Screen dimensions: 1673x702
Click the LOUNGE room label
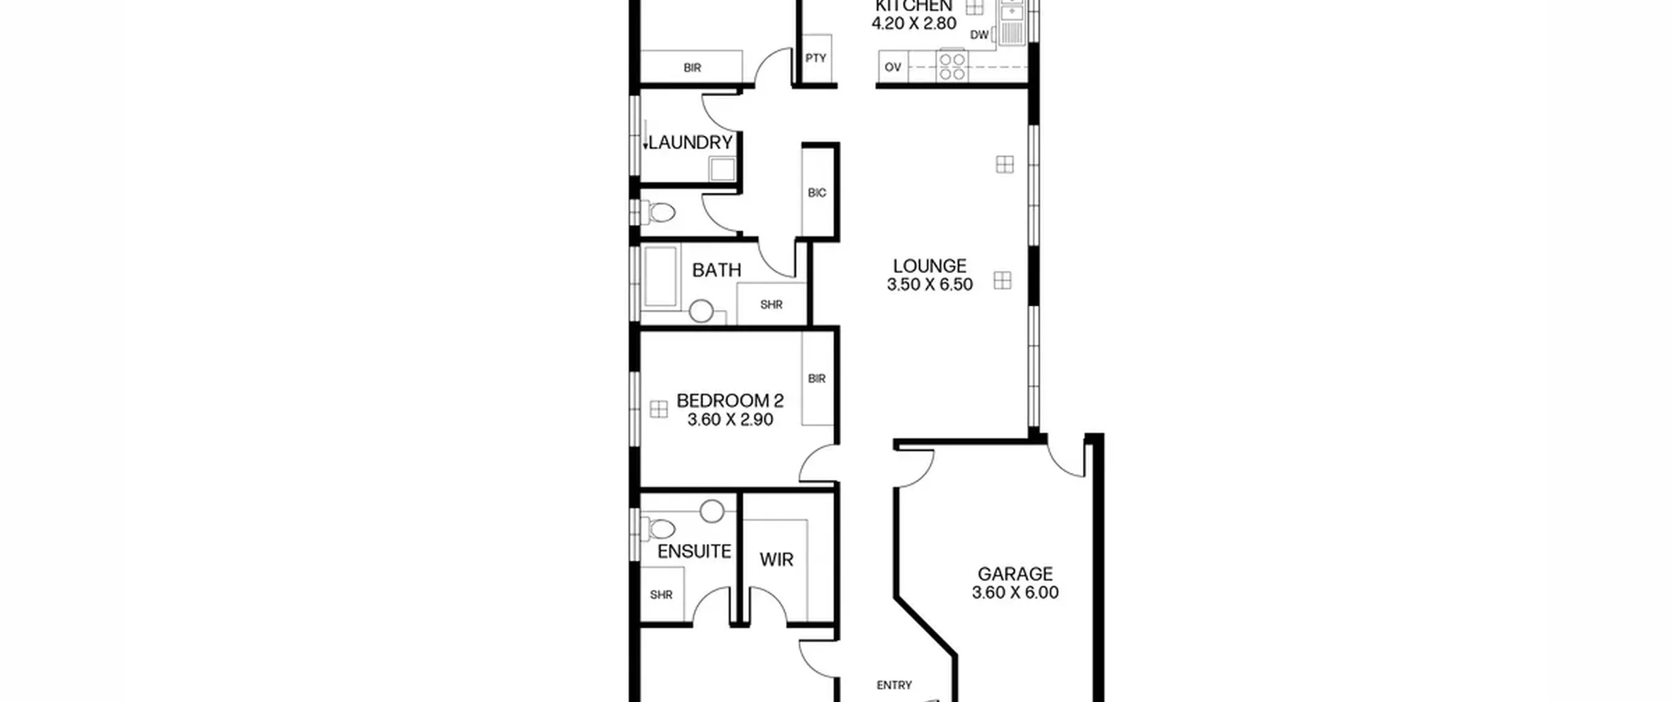pos(929,266)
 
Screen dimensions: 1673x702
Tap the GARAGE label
pos(1015,574)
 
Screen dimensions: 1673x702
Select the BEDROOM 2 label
pos(730,400)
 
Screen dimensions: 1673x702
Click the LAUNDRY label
pos(690,142)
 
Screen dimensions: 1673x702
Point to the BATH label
pos(716,270)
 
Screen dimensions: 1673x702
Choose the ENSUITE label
pos(694,552)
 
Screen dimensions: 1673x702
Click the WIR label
pos(776,560)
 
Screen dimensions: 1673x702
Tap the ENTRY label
pos(894,685)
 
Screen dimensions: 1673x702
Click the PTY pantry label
pos(816,58)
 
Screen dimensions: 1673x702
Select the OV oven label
pos(893,67)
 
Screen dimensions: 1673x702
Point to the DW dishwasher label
pos(979,35)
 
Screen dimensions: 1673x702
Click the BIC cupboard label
pos(817,193)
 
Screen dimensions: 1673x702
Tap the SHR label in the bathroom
pos(771,305)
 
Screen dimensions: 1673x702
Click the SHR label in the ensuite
pos(661,595)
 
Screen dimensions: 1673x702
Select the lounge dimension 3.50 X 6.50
pos(929,285)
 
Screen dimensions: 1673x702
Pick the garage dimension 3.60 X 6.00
pos(1015,593)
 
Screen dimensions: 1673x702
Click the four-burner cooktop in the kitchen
pos(952,67)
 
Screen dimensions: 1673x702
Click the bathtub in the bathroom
pos(661,276)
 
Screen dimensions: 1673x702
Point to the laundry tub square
pos(723,169)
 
